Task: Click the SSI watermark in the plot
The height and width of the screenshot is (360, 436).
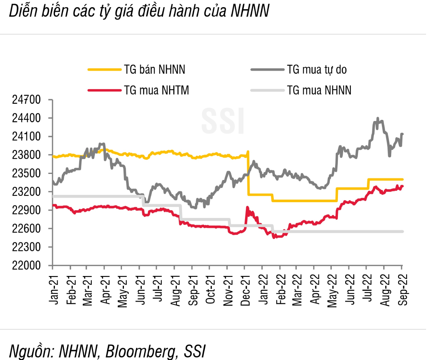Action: click(x=223, y=121)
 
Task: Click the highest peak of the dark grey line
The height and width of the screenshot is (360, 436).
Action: click(x=377, y=119)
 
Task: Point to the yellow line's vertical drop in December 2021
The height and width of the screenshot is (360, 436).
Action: click(x=248, y=174)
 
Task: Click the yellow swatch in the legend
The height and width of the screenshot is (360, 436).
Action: click(x=104, y=70)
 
